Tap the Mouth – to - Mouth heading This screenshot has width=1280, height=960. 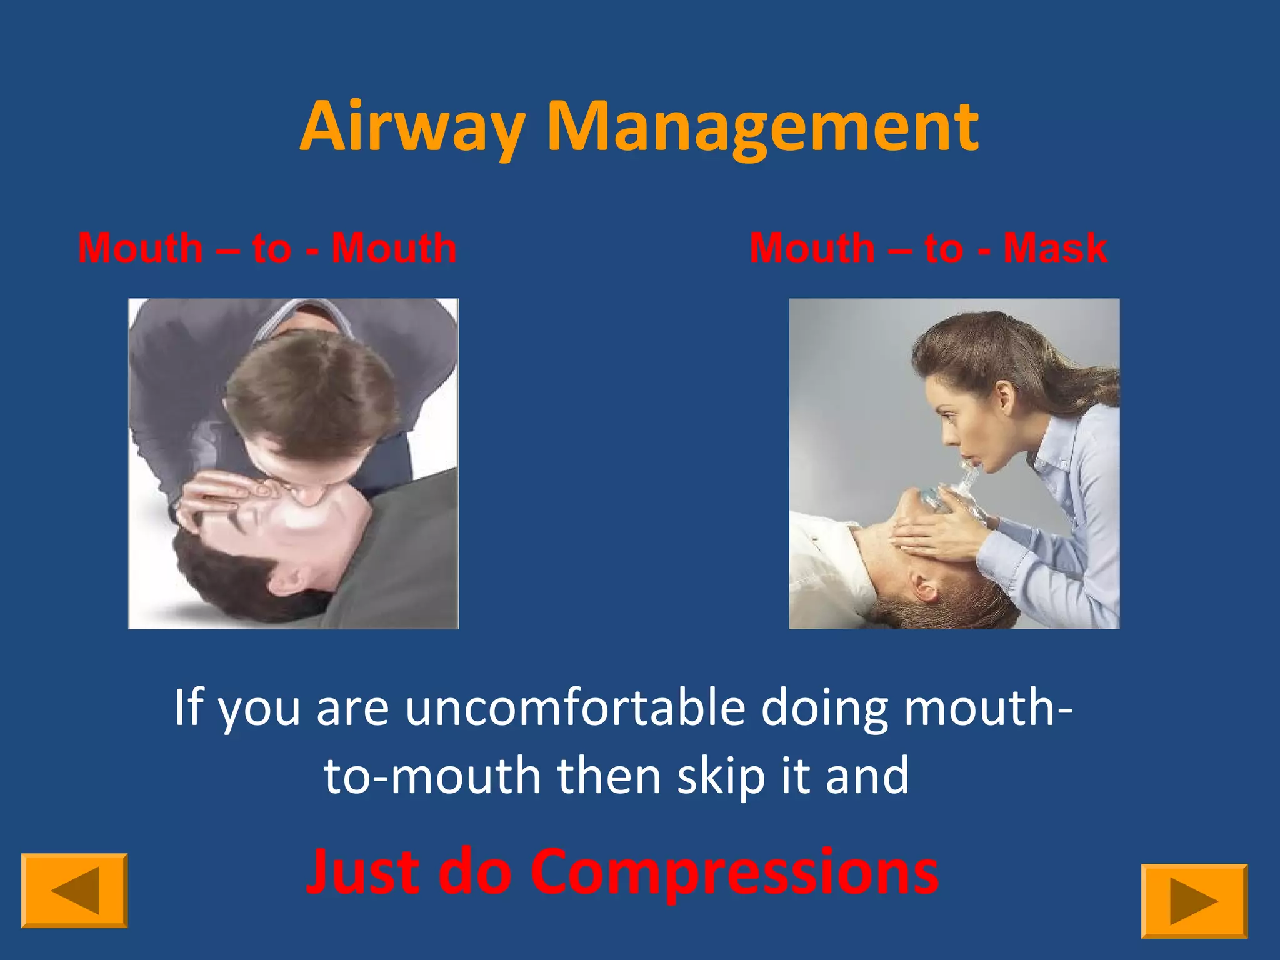click(267, 248)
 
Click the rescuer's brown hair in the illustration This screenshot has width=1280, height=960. click(312, 394)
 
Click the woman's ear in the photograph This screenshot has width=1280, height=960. click(1004, 395)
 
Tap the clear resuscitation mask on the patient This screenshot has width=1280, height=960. click(937, 497)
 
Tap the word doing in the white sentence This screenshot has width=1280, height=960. click(824, 708)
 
